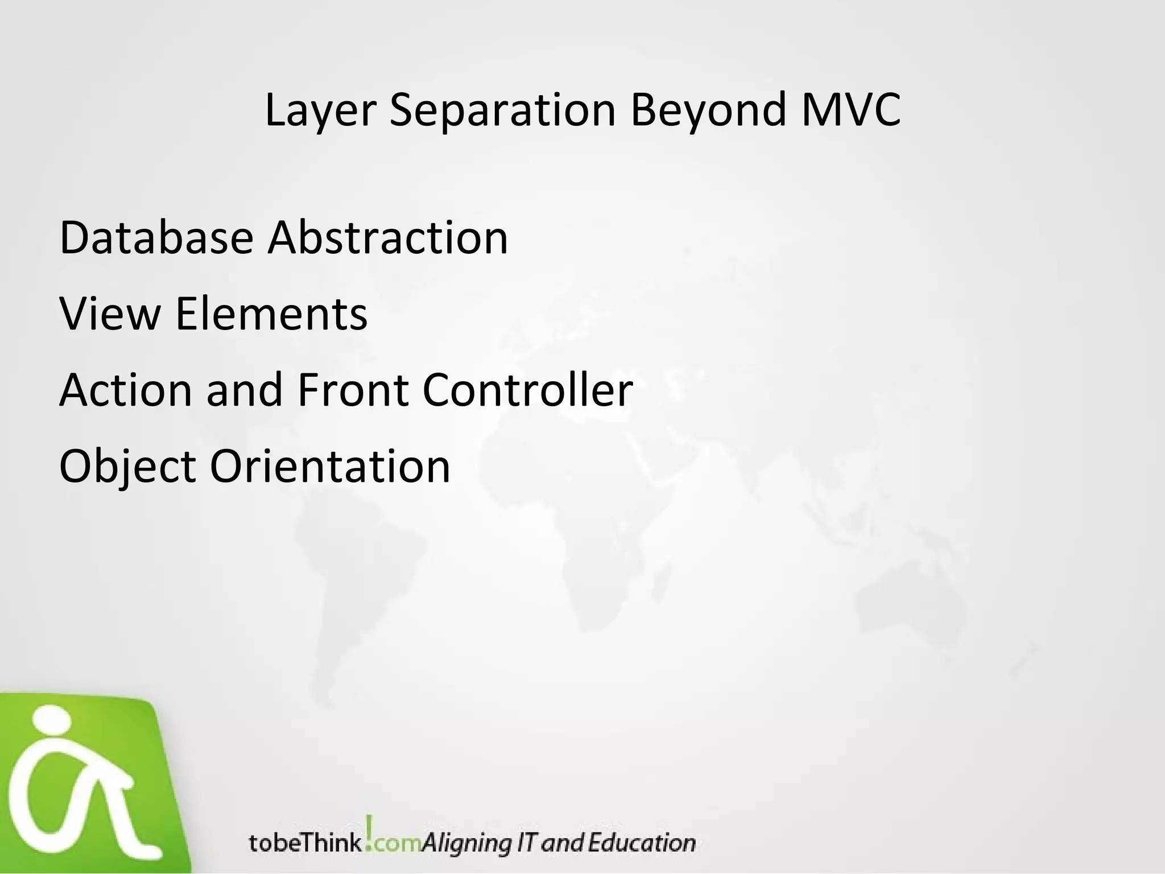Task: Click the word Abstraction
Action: pyautogui.click(x=388, y=237)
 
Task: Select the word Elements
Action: pyautogui.click(x=271, y=314)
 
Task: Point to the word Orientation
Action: pyautogui.click(x=330, y=467)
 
